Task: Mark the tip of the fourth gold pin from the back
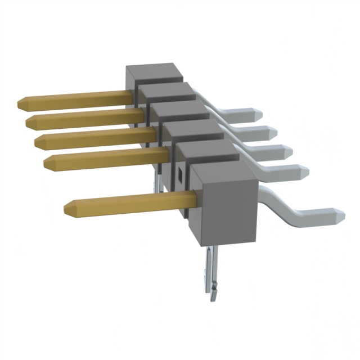[47, 162]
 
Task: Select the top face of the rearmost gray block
[155, 71]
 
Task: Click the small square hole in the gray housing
[181, 174]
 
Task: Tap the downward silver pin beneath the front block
[211, 273]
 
